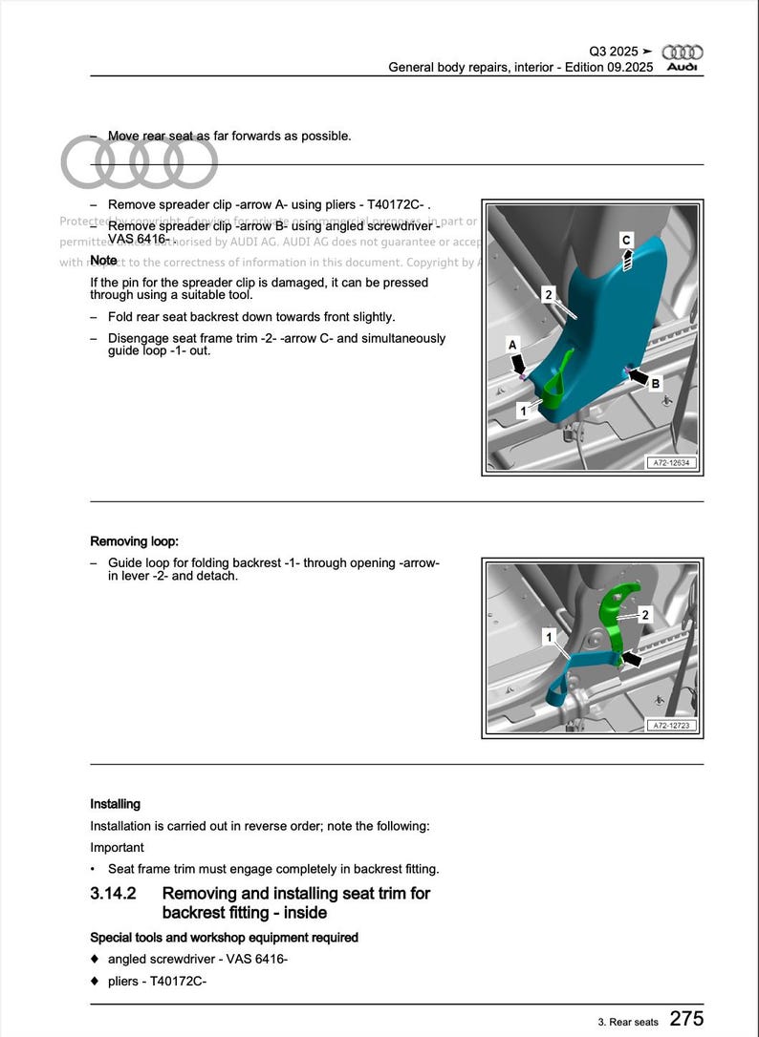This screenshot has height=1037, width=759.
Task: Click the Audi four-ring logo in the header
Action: (683, 52)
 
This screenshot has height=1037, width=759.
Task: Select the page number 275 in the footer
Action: (686, 1019)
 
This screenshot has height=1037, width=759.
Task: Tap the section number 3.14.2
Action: (113, 894)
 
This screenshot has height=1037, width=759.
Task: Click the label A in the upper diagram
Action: (512, 345)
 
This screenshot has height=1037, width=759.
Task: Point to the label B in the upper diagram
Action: (655, 384)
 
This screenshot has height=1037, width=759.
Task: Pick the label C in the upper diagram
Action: (627, 240)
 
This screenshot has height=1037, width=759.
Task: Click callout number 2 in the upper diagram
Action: (548, 294)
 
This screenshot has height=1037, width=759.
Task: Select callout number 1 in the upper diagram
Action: (522, 411)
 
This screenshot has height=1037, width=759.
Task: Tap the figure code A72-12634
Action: (671, 463)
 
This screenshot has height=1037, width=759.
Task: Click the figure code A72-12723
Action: (671, 726)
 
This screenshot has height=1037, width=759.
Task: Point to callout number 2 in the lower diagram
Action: (645, 615)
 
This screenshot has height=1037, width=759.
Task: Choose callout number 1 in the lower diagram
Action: (549, 635)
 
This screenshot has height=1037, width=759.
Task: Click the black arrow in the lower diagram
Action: (632, 658)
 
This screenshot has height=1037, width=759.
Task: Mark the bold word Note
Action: (103, 261)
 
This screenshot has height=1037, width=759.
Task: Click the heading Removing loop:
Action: (134, 541)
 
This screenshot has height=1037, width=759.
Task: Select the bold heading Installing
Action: (115, 804)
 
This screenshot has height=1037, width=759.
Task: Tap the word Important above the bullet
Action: (117, 847)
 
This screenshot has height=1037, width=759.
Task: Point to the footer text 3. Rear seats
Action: (628, 1022)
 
